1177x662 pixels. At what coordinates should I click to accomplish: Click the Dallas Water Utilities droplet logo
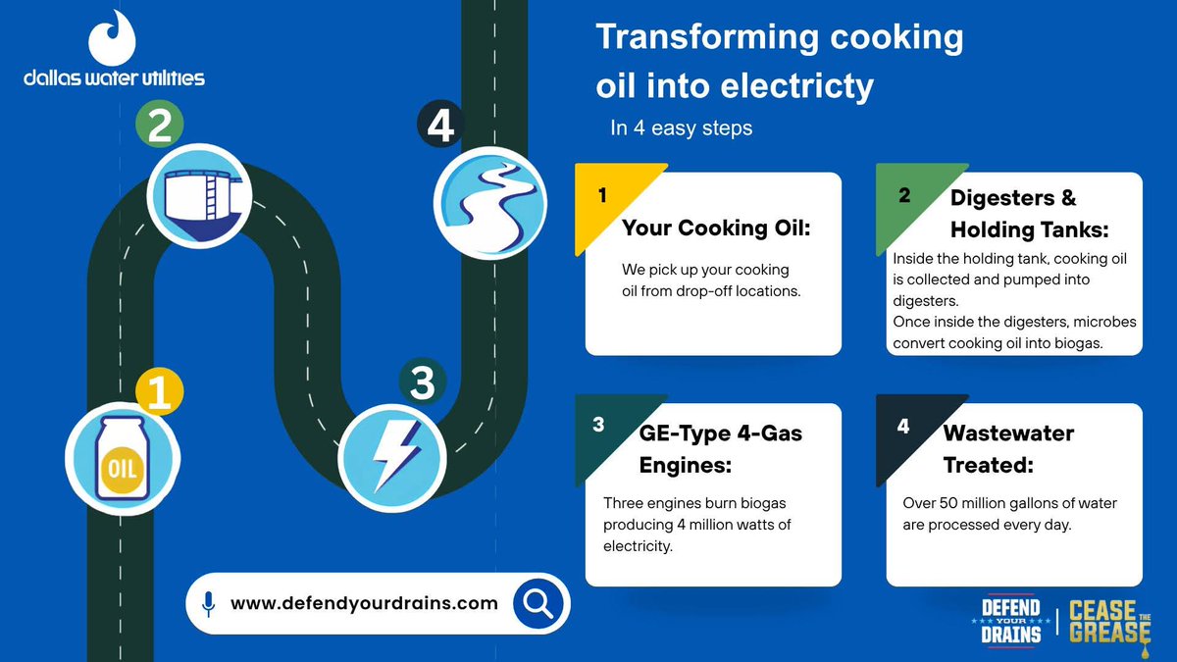click(112, 38)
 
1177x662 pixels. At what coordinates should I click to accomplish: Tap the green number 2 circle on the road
click(159, 124)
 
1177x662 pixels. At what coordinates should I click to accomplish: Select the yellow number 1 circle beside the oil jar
click(159, 391)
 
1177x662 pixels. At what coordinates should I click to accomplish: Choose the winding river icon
click(490, 203)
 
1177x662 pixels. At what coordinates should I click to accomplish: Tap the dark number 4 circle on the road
click(440, 125)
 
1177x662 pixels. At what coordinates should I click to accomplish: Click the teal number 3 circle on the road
click(423, 382)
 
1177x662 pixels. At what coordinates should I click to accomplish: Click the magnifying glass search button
click(538, 603)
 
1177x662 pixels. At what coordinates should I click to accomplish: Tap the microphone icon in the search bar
click(209, 604)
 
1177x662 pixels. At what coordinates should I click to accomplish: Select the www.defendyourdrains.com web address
click(364, 603)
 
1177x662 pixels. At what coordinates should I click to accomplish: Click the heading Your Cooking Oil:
click(716, 228)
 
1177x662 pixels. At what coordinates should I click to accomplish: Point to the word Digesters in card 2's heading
click(1002, 198)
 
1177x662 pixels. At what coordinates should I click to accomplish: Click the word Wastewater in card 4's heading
click(1009, 433)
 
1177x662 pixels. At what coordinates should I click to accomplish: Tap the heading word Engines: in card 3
click(686, 466)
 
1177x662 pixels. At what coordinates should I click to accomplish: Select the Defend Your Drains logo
click(1011, 622)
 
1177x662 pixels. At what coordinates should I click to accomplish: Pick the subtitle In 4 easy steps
click(681, 128)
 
